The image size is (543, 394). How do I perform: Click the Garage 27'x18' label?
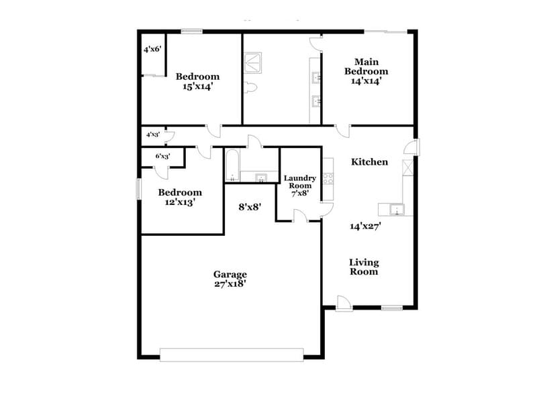[230, 279]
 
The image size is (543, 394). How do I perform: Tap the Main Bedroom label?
[366, 71]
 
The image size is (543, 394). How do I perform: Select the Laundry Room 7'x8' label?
[299, 186]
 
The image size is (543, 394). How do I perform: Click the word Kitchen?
[370, 161]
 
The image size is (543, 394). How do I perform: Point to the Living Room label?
[364, 267]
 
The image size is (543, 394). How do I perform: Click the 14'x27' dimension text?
[366, 226]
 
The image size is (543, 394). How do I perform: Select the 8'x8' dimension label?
[250, 207]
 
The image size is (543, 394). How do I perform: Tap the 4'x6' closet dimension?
[152, 50]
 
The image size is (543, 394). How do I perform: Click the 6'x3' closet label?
[163, 156]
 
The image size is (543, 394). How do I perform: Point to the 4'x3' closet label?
[152, 135]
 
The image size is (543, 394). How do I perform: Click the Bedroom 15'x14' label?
[197, 81]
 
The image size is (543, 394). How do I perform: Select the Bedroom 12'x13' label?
[180, 197]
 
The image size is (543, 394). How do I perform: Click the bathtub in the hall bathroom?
[232, 166]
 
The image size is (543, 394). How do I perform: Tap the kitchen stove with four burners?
[329, 178]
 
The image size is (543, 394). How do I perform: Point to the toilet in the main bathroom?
[252, 87]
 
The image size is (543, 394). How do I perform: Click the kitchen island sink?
[398, 210]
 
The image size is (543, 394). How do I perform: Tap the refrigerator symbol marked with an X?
[406, 168]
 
